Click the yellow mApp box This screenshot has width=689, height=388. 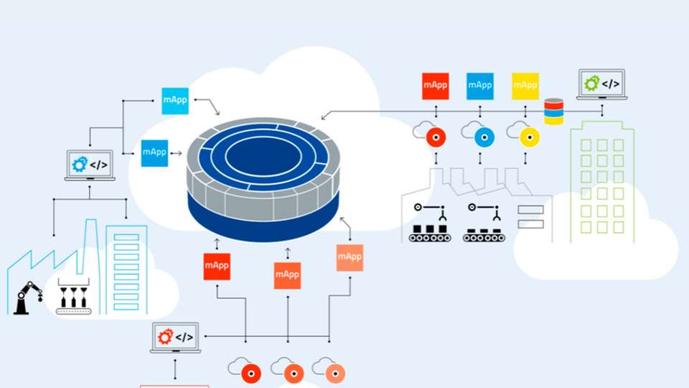coord(525,86)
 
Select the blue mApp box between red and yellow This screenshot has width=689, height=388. coord(480,86)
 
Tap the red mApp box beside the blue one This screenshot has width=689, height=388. coord(436,86)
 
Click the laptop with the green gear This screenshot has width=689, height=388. coord(601,84)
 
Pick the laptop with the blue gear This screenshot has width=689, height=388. coord(90,165)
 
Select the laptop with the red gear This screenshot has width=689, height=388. coord(175,337)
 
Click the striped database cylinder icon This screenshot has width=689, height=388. coord(553,111)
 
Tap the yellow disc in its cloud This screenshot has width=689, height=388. coord(530,136)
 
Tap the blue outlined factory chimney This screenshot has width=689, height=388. coord(90,244)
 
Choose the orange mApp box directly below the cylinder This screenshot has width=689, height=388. coord(288,275)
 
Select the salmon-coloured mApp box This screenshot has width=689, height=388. coord(350,257)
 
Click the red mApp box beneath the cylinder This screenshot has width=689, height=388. coord(217,267)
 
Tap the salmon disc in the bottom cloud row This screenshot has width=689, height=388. coord(334,373)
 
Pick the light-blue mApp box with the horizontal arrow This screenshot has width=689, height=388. coord(154,152)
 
